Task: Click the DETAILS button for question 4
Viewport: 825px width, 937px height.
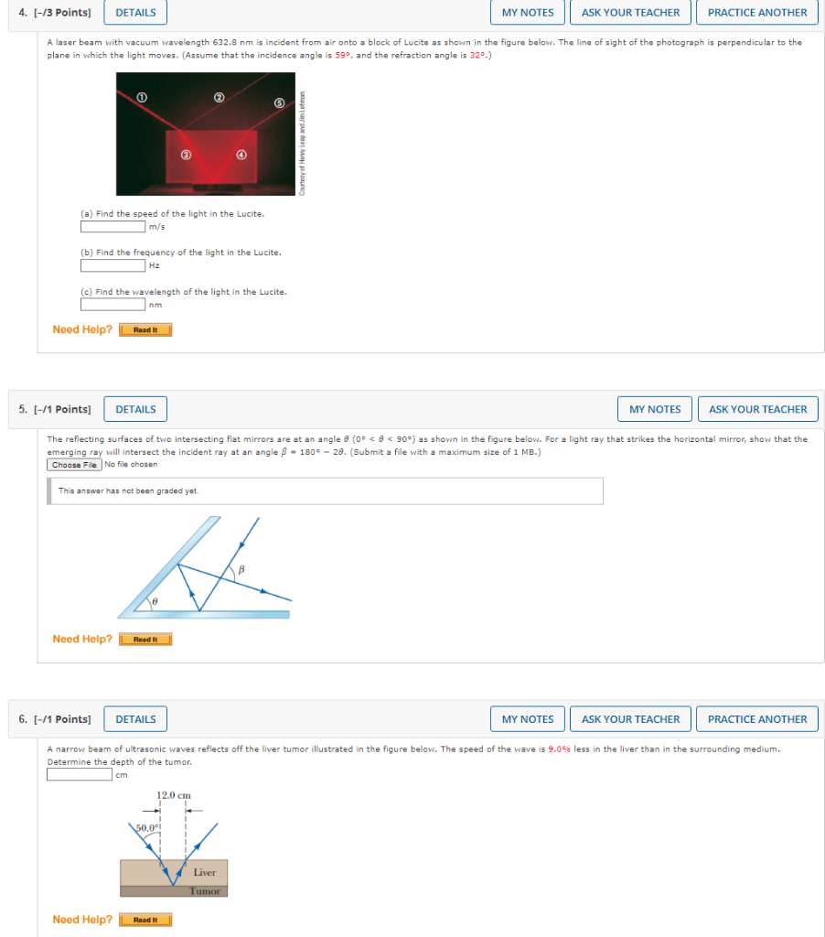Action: pos(135,13)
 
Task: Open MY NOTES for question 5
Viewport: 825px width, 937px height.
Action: pos(655,409)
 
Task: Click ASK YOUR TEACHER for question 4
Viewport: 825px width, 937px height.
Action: pos(630,13)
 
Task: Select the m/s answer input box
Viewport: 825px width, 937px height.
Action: pos(112,227)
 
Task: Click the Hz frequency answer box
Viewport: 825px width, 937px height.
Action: pos(112,265)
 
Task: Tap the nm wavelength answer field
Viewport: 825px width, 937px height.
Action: pos(112,305)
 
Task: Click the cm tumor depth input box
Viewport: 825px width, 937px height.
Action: pos(80,775)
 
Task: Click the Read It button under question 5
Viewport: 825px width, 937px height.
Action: pos(145,640)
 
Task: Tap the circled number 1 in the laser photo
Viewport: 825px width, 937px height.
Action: pos(141,95)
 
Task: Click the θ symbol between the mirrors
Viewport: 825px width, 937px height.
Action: pos(156,602)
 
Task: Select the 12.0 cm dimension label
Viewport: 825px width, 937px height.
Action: pos(174,795)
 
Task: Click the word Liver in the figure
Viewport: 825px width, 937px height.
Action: pos(205,873)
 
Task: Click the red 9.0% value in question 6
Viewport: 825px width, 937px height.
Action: pos(560,749)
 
